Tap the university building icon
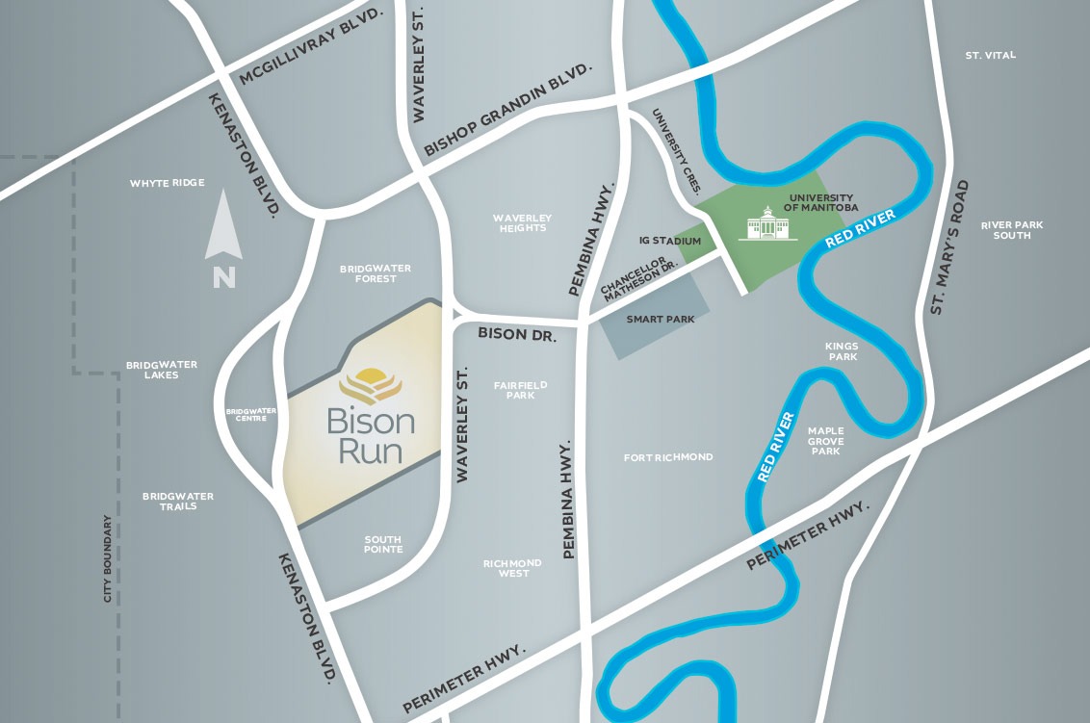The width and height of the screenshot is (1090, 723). tap(767, 225)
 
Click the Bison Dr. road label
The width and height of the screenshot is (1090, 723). tap(518, 334)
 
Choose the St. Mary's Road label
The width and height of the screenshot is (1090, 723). tap(951, 247)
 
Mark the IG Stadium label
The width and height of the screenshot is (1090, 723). tap(670, 241)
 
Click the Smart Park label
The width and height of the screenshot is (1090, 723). tap(660, 319)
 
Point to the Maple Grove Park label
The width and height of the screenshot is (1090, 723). tap(825, 441)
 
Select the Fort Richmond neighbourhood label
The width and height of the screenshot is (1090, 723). tap(668, 456)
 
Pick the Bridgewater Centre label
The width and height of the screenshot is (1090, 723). tap(251, 415)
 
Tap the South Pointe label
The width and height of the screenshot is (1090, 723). tap(383, 544)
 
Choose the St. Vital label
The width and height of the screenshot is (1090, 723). tap(990, 56)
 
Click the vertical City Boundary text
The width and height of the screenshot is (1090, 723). tap(108, 559)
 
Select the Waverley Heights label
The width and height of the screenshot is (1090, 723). tap(521, 222)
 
